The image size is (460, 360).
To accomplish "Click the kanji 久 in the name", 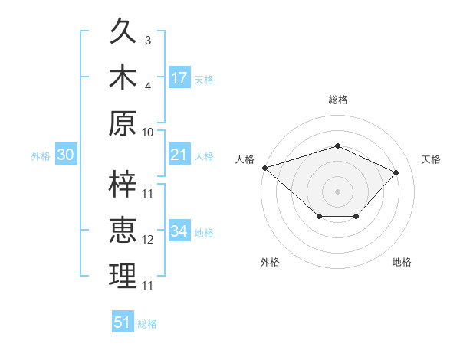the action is point(123,31).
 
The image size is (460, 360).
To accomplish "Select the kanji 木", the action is point(123,77).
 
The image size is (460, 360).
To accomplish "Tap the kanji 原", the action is point(123,123).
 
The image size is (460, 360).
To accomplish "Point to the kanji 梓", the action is point(123,184).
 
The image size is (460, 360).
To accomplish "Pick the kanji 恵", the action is point(123,230).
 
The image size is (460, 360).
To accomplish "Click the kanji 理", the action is point(123,276).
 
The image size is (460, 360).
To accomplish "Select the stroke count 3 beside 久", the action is point(148,41).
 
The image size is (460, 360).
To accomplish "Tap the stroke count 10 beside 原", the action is point(147,133).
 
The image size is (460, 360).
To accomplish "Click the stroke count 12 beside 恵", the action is point(147,240).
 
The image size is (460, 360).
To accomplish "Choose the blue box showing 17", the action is point(179,77).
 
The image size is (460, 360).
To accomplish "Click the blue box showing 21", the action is point(179,154).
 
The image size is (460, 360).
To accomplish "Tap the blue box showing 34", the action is point(179,230).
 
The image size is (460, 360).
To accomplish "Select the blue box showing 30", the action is point(66,154).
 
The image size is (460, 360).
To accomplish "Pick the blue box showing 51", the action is point(123,321).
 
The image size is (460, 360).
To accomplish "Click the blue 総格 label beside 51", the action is point(147,324).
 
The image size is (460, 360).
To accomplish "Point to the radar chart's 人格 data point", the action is point(265,168).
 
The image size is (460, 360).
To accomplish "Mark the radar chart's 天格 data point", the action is point(396,172).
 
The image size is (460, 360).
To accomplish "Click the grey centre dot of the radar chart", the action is point(337,191).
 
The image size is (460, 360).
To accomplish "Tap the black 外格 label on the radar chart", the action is point(270,262).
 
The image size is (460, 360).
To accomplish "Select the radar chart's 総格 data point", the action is point(337,146).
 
